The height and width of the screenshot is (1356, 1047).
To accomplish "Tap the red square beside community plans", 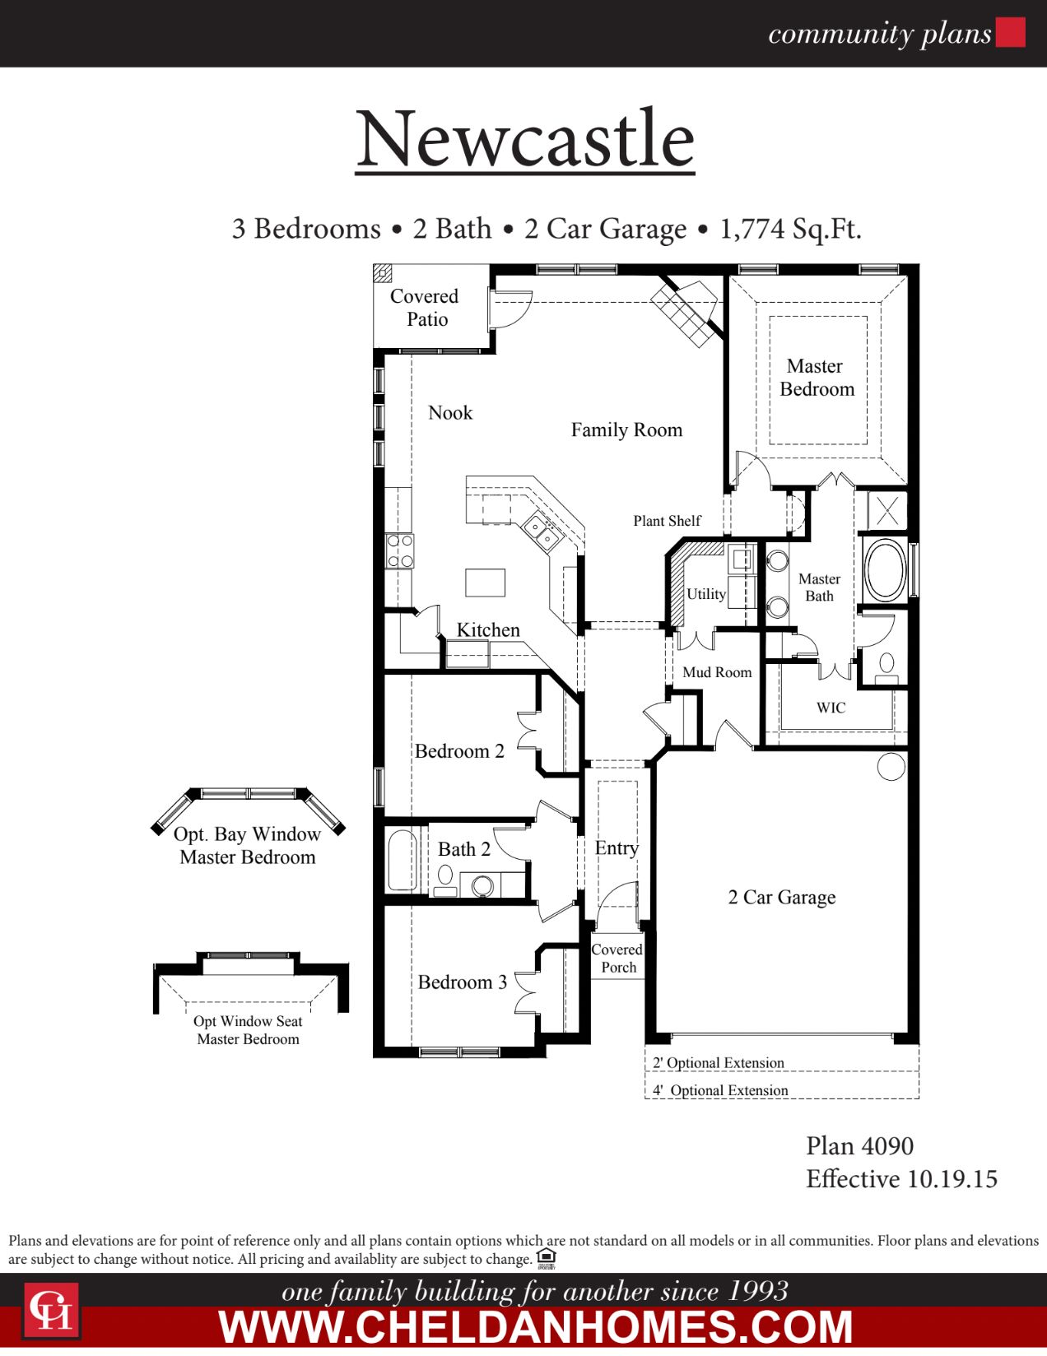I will [1010, 32].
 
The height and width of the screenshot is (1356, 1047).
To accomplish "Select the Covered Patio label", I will [425, 308].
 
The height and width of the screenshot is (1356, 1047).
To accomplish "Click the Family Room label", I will [626, 430].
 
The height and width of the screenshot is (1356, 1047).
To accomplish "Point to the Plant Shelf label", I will [667, 521].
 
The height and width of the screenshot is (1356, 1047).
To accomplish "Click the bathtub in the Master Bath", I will [884, 569].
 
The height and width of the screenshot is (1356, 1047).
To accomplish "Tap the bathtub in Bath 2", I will [403, 860].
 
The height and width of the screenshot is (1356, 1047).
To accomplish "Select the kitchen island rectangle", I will [485, 582].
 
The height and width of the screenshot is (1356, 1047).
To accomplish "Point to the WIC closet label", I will [831, 708].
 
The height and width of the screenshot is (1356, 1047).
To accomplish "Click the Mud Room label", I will [717, 672].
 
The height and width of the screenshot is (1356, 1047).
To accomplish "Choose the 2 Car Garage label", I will [781, 897].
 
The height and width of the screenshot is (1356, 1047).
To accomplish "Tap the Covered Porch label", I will [617, 958].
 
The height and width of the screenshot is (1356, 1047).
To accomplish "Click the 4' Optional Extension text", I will [721, 1090].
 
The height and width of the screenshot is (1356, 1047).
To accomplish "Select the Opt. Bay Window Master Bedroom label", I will [248, 845].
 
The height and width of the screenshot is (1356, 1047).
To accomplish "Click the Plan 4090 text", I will [859, 1145].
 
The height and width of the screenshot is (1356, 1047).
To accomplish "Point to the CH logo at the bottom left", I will [51, 1309].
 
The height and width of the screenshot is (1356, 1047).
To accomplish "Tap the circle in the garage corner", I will [891, 766].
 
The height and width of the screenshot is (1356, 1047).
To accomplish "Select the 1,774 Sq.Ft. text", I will [790, 228].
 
